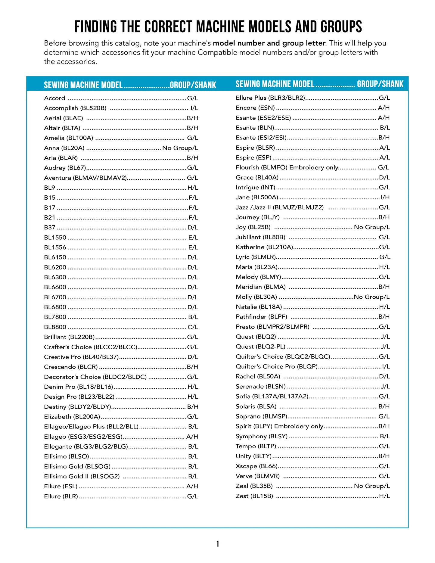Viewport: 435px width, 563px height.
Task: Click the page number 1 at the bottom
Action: tap(218, 544)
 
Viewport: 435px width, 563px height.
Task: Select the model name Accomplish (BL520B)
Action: tap(75, 108)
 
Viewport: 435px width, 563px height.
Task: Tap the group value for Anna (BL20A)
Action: tap(180, 148)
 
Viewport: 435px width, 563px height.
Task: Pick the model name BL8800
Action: tap(55, 327)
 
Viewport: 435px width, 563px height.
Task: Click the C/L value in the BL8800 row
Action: tap(193, 327)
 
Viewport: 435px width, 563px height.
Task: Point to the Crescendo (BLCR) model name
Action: tap(71, 367)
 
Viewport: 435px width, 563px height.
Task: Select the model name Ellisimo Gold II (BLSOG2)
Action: tap(82, 476)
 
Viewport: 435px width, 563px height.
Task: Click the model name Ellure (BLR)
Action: tap(61, 496)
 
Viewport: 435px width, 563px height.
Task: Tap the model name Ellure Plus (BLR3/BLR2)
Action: tap(270, 98)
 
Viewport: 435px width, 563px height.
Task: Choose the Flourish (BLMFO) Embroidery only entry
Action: tap(287, 167)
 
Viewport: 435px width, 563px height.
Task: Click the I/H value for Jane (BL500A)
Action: tap(385, 197)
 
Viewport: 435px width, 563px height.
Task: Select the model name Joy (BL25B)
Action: tap(253, 227)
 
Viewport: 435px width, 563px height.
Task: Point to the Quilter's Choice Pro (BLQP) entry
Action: tap(277, 366)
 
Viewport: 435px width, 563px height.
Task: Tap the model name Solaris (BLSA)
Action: tap(256, 406)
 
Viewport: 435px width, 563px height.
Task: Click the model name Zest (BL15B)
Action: tap(254, 496)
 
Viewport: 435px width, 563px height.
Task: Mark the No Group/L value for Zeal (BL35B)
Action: tap(372, 486)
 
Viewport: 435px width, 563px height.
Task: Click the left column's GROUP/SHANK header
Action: tap(193, 85)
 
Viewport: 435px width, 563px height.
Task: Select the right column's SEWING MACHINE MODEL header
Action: tap(275, 84)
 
